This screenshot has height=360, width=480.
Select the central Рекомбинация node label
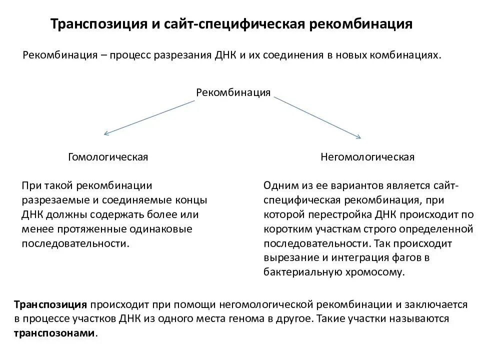point(233,92)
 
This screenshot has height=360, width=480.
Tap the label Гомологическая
point(108,157)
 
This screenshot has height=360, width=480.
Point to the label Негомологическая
point(367,157)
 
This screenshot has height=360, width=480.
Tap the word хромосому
point(379,272)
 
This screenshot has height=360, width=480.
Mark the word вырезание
point(287,258)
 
